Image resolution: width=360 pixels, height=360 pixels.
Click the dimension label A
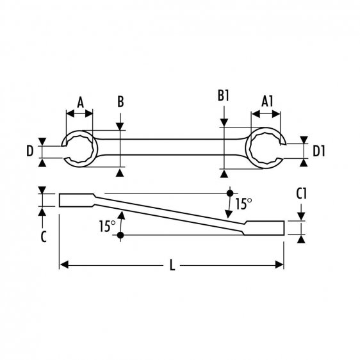[x=80, y=101]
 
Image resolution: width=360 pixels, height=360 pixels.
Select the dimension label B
[x=120, y=101]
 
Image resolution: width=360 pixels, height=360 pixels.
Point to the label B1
[x=223, y=97]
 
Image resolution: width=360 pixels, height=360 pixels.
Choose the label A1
[x=268, y=101]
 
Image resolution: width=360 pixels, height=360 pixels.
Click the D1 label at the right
[x=320, y=151]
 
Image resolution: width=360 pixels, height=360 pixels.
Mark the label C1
[x=303, y=193]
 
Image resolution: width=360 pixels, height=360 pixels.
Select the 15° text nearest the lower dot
[x=107, y=225]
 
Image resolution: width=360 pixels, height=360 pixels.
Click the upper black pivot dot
[x=229, y=193]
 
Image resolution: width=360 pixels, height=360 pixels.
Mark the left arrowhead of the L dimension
[x=63, y=263]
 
